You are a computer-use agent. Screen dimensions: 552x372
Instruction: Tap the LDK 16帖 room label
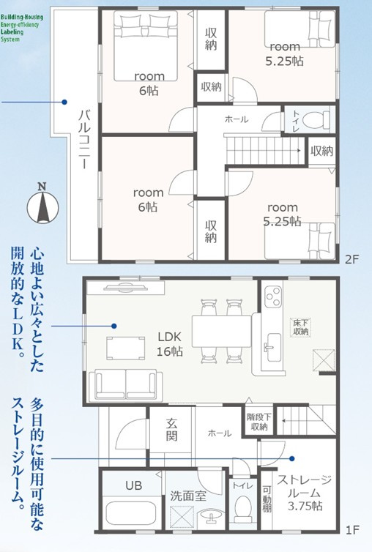[x=174, y=345]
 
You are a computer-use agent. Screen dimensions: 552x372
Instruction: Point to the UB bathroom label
[x=133, y=485]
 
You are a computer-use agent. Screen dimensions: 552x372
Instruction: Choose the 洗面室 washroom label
[x=189, y=496]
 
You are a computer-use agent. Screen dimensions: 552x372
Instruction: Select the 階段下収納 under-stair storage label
[x=258, y=422]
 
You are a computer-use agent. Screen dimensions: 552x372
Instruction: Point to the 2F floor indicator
[x=354, y=258]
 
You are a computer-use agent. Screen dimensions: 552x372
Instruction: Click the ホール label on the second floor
[x=236, y=119]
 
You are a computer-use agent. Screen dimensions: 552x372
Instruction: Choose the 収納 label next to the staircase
[x=321, y=152]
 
